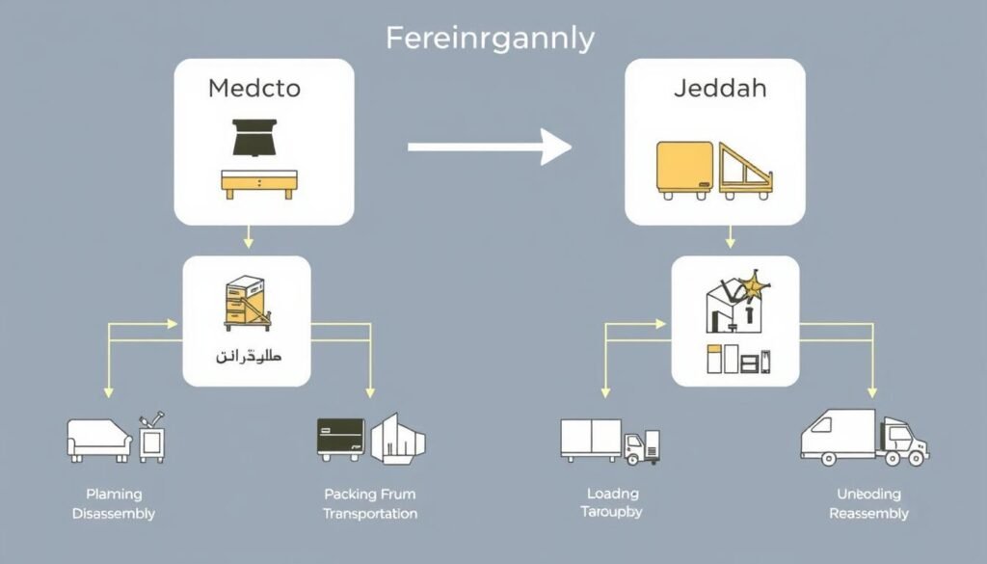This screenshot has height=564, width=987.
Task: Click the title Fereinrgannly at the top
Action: tap(490, 39)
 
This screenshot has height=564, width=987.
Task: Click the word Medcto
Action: tap(253, 89)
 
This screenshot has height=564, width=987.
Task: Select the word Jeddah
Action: tap(707, 89)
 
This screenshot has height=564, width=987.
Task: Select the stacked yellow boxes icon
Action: tap(245, 302)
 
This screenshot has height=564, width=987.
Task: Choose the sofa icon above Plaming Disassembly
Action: tap(99, 440)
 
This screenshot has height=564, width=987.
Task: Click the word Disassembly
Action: tap(114, 514)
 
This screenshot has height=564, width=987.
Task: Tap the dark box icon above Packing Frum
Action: tap(341, 439)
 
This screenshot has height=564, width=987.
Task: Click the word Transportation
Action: tap(370, 514)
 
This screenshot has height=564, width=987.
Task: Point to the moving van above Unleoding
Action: tap(864, 439)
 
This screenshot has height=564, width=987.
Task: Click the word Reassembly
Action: tap(868, 514)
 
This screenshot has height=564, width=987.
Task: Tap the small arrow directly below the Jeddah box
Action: tap(730, 235)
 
